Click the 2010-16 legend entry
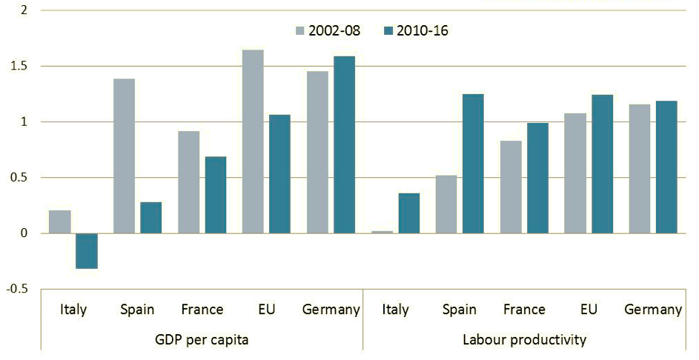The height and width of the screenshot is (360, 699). pyautogui.click(x=416, y=30)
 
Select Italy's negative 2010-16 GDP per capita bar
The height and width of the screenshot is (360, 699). pyautogui.click(x=87, y=250)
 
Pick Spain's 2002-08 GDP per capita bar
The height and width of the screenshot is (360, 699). pyautogui.click(x=125, y=156)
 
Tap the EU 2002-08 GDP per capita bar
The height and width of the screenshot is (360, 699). pyautogui.click(x=253, y=141)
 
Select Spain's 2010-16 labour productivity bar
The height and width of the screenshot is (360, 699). pyautogui.click(x=472, y=164)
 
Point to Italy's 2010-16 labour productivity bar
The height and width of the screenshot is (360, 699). pyautogui.click(x=408, y=213)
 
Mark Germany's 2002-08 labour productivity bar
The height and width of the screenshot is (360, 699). pyautogui.click(x=639, y=169)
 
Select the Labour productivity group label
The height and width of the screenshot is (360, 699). pyautogui.click(x=524, y=339)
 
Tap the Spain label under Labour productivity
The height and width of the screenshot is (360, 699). pyautogui.click(x=460, y=309)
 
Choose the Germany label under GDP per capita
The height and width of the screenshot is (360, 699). pyautogui.click(x=331, y=309)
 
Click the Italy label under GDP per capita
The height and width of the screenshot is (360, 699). pyautogui.click(x=73, y=309)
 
